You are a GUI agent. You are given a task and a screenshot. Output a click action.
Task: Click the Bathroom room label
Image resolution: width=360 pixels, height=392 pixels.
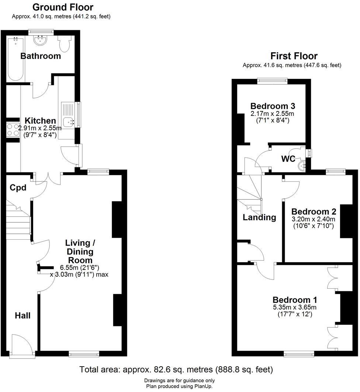[41, 56]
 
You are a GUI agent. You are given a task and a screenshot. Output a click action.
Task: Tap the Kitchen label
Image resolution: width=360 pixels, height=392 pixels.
[40, 121]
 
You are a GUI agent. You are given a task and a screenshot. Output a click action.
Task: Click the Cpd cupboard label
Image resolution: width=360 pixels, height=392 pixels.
[18, 188]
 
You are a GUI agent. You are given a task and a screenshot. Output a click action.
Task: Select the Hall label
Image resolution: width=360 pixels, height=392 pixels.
[22, 315]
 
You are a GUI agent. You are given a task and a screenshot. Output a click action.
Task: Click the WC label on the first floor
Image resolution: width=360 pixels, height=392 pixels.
[288, 159]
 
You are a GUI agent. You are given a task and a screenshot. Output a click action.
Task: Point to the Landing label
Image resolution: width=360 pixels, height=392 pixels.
[259, 217]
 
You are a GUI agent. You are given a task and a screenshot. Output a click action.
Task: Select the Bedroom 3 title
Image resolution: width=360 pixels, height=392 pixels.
[273, 106]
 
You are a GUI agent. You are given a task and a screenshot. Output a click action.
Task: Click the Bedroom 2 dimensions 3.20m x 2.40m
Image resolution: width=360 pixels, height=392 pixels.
[314, 219]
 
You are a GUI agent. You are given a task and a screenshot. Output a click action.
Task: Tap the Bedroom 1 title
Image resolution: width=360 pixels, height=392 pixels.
[295, 300]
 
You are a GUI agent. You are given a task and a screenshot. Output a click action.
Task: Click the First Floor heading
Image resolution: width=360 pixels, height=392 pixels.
[294, 56]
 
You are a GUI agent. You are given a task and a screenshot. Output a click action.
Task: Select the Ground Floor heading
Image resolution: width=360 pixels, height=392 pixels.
[63, 7]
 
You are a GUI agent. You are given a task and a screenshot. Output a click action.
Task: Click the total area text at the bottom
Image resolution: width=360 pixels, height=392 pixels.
[176, 369]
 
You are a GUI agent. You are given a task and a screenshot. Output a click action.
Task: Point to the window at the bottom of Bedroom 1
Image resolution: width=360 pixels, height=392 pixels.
[299, 354]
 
